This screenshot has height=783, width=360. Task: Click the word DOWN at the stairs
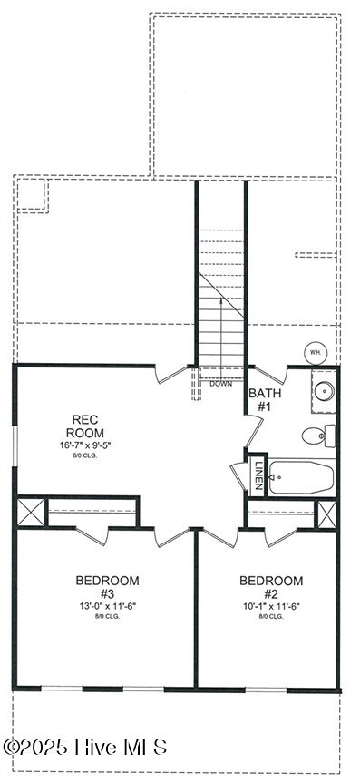(x=220, y=384)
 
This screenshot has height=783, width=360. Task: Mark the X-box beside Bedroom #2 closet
(x=326, y=514)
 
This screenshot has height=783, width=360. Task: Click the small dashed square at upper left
(x=32, y=193)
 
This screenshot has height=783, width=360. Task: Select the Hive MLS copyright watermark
(x=86, y=747)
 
